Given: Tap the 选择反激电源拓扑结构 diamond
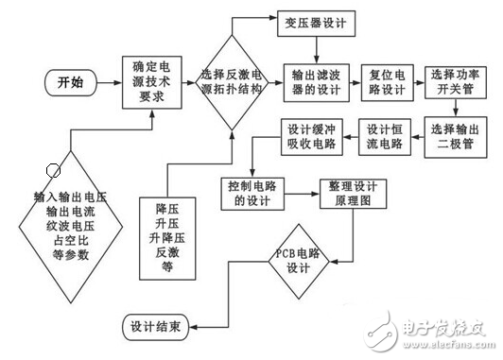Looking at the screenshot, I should pos(233,83).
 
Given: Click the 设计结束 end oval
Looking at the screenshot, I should pos(160,326).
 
